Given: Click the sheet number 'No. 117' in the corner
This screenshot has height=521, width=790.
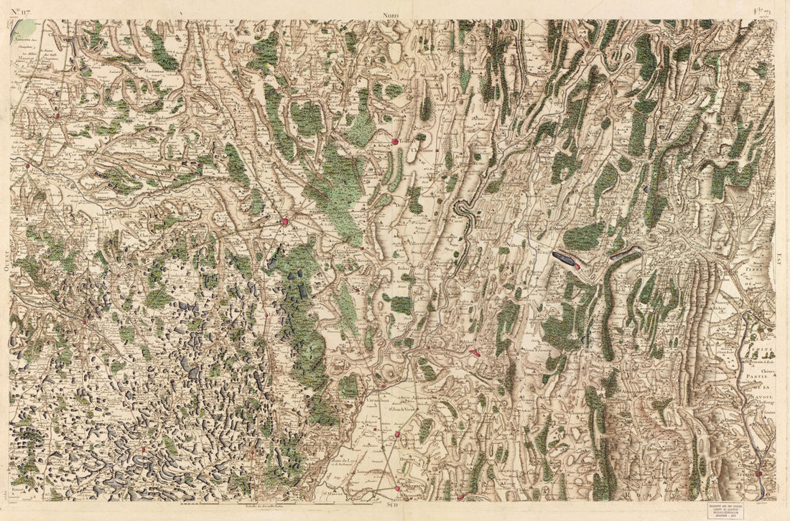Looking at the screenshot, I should (x=22, y=10).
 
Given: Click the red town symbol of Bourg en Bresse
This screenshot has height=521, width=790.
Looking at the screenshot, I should (x=285, y=222).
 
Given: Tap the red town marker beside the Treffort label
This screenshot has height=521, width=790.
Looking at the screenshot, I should (x=394, y=142).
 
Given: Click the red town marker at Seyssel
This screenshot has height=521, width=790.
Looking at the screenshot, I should (x=758, y=474).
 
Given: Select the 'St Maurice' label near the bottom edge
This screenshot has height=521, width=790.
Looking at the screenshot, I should (x=333, y=493).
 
